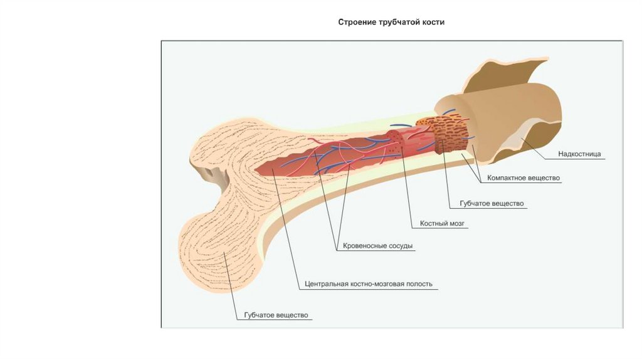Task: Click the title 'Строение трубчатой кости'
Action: [x=391, y=22]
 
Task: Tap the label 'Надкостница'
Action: [x=579, y=154]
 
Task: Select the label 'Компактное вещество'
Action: [x=524, y=178]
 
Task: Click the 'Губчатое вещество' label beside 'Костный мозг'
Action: [x=492, y=204]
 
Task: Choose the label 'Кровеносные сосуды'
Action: [x=378, y=246]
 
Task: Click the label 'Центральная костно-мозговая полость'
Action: [x=369, y=283]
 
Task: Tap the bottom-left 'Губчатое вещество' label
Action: [x=272, y=315]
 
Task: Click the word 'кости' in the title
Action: [x=433, y=22]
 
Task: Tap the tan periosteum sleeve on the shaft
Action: [x=502, y=107]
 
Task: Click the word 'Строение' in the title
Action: [x=357, y=22]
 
